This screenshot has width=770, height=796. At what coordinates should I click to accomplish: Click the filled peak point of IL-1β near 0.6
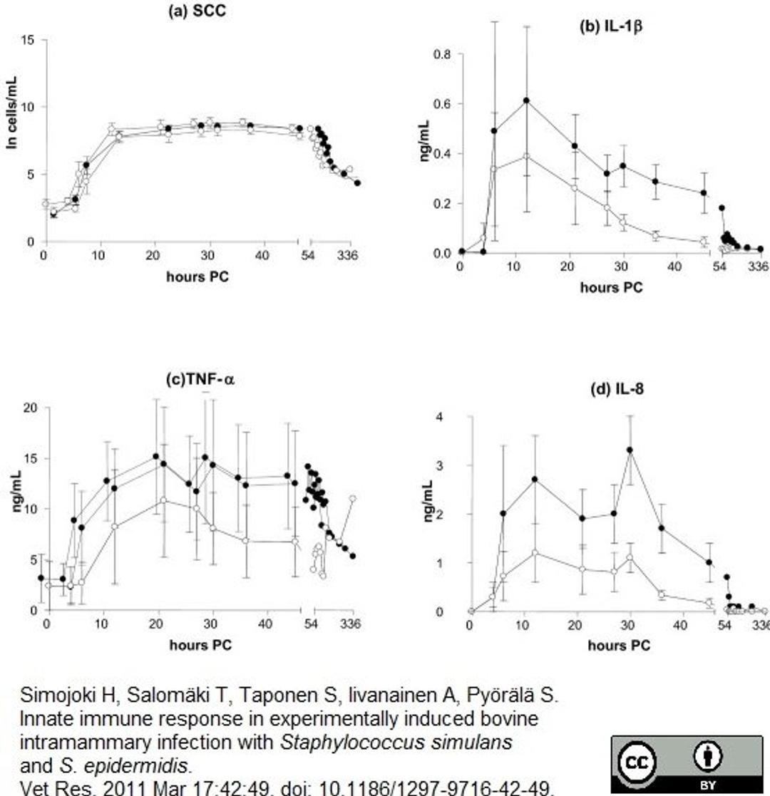(x=527, y=100)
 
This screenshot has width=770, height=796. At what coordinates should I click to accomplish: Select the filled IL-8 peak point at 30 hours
(x=630, y=450)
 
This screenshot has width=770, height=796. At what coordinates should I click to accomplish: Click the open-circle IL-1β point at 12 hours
(x=527, y=156)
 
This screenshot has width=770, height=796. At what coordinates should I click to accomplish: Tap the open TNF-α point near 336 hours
(x=352, y=499)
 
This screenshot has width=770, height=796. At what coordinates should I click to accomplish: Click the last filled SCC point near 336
(x=357, y=182)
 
